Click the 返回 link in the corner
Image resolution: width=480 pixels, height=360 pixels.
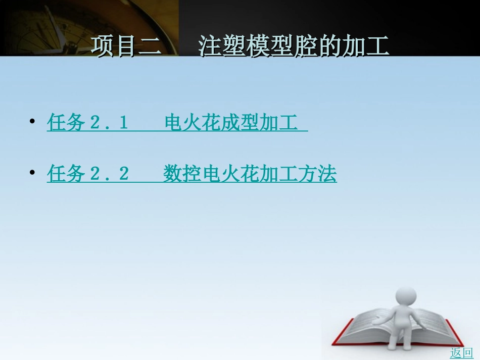pyautogui.click(x=461, y=353)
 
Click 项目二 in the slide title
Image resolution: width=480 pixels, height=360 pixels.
pyautogui.click(x=126, y=46)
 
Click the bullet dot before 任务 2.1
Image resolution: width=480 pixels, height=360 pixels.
pyautogui.click(x=32, y=122)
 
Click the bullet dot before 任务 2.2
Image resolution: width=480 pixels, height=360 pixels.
pyautogui.click(x=32, y=173)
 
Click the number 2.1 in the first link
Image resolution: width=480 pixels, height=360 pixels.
pyautogui.click(x=109, y=123)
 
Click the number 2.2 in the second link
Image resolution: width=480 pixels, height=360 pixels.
pyautogui.click(x=109, y=174)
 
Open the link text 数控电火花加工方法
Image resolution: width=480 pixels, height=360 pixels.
pyautogui.click(x=250, y=174)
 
